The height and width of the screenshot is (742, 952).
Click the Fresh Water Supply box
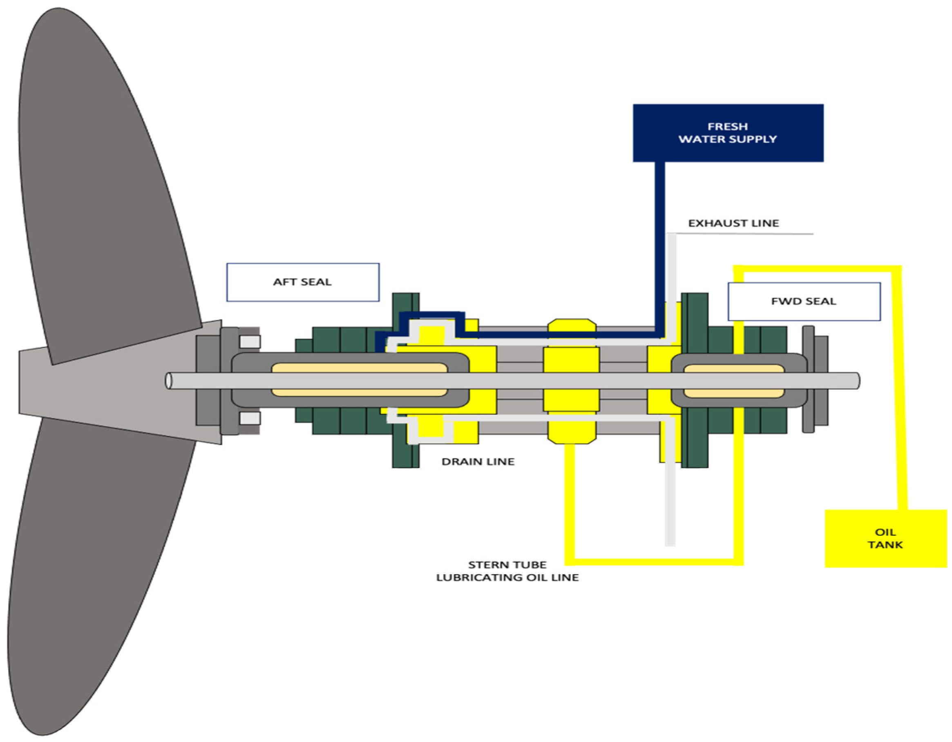tap(728, 133)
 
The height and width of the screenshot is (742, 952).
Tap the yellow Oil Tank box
tap(885, 539)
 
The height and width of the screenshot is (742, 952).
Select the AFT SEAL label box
tap(302, 282)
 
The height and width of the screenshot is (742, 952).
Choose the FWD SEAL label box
tap(804, 301)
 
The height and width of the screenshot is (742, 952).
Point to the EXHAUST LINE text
tap(733, 223)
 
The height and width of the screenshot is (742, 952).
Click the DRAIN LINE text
tap(478, 462)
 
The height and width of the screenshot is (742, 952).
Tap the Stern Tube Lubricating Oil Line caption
tap(507, 571)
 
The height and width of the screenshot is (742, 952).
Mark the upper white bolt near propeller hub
tap(250, 341)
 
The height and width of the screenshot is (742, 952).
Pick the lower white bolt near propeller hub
tap(250, 418)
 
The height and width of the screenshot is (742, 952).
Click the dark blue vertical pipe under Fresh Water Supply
tap(660, 244)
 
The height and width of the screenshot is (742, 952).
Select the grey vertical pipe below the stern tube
tap(670, 501)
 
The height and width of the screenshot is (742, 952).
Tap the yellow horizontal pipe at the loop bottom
tap(654, 562)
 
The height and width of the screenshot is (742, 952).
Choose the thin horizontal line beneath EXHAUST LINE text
tap(741, 234)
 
